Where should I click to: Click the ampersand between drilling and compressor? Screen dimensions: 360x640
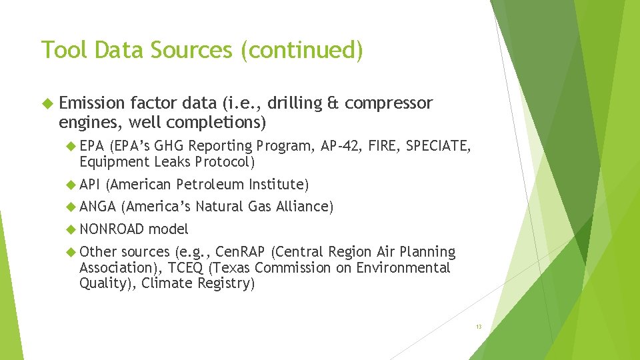click(333, 103)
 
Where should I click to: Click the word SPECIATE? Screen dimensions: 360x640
click(441, 146)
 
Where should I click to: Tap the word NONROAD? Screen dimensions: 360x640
click(111, 229)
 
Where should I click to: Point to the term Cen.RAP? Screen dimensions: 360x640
click(237, 252)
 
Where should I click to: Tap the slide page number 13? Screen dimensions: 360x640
click(479, 327)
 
